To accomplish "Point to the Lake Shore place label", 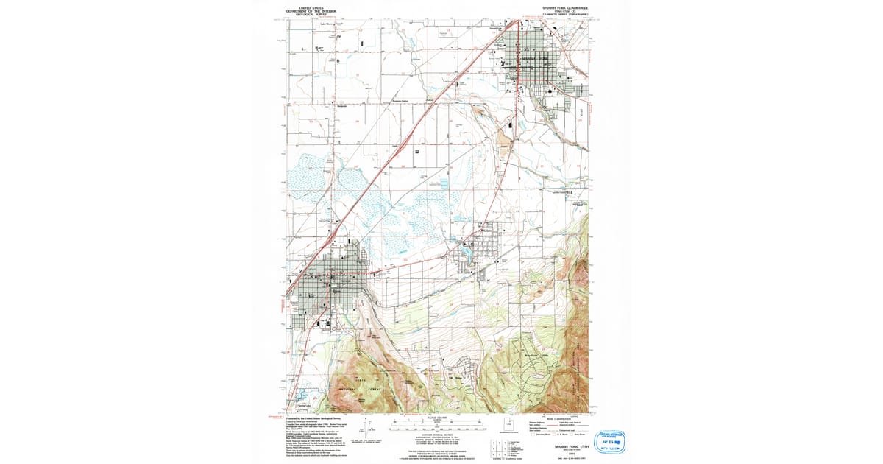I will [327, 24].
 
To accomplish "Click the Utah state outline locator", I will [507, 423].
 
